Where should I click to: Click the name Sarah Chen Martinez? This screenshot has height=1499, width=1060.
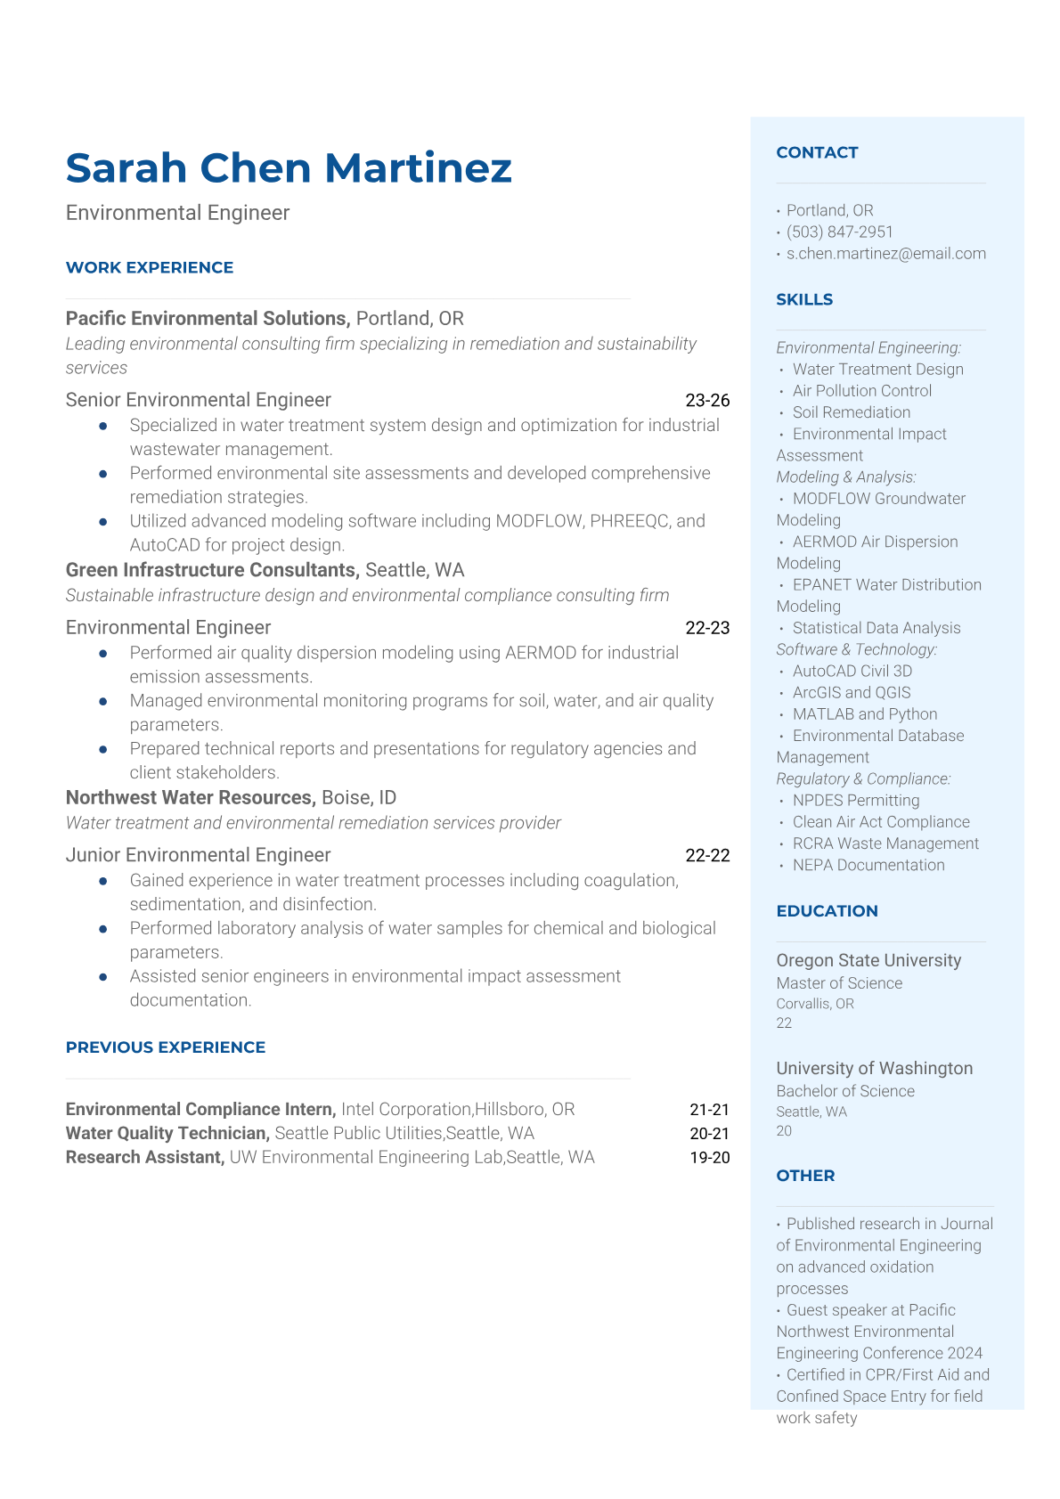[x=289, y=168]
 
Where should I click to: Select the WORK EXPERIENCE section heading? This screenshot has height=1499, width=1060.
[x=150, y=268]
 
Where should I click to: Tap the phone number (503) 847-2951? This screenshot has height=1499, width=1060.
[x=839, y=232]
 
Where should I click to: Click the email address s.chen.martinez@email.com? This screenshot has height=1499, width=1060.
[x=885, y=254]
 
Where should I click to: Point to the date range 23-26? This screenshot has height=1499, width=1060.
[x=707, y=401]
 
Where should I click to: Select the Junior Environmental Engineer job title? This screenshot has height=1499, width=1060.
[x=198, y=855]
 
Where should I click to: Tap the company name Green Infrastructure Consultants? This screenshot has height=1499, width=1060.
[x=212, y=570]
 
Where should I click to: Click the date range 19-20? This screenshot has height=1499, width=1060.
[x=709, y=1158]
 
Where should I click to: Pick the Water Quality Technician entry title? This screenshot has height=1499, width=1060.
[x=167, y=1134]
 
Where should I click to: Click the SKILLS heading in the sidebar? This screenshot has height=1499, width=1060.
[x=804, y=300]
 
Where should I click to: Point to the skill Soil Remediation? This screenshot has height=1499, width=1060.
[x=851, y=412]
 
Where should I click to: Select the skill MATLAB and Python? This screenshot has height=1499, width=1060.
[x=864, y=714]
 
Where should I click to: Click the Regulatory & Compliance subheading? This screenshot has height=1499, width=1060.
[x=863, y=779]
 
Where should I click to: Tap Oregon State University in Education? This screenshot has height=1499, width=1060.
[x=868, y=961]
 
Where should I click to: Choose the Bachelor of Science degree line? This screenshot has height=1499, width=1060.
[x=845, y=1091]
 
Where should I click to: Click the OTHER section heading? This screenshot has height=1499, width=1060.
[x=805, y=1176]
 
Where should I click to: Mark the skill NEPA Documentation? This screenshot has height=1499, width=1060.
[x=868, y=865]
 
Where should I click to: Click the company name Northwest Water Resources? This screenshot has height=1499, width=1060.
[x=191, y=798]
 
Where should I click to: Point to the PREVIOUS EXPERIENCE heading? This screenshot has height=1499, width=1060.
[x=166, y=1047]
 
